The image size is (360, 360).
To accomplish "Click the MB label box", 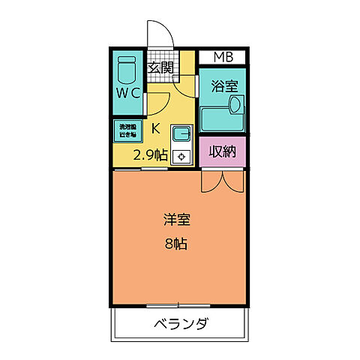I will coord(223,57).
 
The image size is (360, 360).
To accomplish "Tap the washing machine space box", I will coord(126,130).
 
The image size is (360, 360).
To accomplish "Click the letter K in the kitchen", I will coord(155,127).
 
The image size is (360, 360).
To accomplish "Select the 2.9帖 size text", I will coord(150,156).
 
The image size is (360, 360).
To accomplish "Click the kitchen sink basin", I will coord(182,135).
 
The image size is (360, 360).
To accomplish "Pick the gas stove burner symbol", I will coord(182,157).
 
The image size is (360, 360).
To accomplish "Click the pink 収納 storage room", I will coord(222,151).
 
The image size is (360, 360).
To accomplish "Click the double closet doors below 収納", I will coord(222,180).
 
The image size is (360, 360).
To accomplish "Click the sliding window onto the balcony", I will coord(178,304).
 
